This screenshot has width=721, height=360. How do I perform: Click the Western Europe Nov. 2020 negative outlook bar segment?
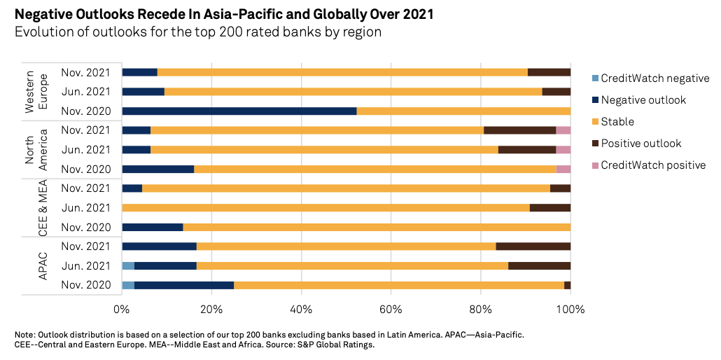point(239,111)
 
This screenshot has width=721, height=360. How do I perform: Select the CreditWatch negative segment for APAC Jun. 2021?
point(128,265)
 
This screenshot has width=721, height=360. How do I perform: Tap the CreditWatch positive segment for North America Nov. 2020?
point(563,169)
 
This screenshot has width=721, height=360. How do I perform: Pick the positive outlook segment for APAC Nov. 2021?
point(533,247)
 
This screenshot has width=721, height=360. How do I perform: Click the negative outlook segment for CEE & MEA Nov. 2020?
point(153,227)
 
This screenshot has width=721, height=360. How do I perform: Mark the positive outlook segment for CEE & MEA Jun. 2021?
point(549,207)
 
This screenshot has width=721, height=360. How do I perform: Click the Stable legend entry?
point(617,122)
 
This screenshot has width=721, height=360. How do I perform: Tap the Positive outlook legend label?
point(640,144)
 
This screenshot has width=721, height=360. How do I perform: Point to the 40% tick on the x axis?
point(301,309)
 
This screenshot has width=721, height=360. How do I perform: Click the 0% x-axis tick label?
point(122,309)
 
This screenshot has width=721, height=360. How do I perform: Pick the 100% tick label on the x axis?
point(570,309)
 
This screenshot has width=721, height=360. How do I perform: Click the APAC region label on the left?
point(42,265)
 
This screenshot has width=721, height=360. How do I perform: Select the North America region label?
point(35,149)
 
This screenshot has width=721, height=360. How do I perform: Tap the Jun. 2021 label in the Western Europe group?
point(85,91)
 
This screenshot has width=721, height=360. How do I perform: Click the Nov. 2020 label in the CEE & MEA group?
point(85,227)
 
